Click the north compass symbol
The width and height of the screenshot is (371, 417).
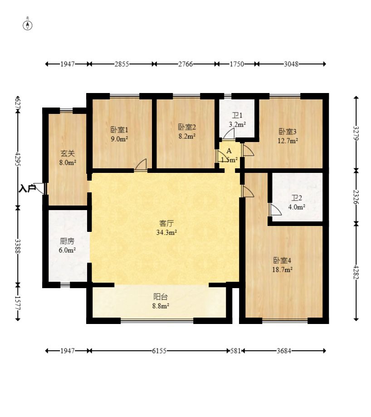point(28,25)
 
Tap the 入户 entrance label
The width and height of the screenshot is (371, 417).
point(27,188)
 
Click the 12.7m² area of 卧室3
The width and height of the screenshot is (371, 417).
point(288,141)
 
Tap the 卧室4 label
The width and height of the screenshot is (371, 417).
point(282,260)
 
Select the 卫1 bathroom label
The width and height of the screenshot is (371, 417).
point(237,116)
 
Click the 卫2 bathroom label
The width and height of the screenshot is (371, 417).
point(296,198)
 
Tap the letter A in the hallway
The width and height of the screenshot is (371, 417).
point(229,151)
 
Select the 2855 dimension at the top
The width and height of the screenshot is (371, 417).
point(122,64)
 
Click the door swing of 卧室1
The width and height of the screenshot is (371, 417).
point(141,165)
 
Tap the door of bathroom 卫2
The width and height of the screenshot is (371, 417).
point(275,210)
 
